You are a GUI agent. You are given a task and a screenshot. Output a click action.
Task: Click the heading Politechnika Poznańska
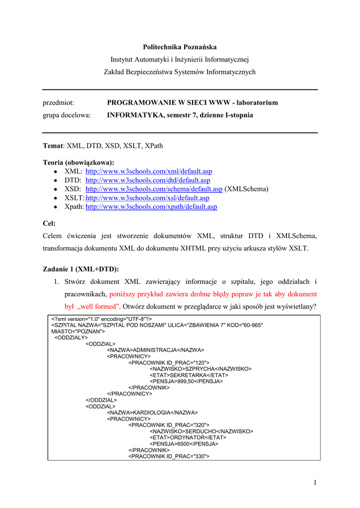180,47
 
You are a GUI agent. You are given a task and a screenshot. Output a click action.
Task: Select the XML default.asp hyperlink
148,171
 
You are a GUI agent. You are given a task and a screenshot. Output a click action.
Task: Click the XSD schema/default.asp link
154,189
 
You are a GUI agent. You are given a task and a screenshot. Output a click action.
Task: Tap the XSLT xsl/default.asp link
147,198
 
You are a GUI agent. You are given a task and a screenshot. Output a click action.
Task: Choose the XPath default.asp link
151,207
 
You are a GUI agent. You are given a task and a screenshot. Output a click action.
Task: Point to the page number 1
315,483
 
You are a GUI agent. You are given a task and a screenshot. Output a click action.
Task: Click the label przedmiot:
58,103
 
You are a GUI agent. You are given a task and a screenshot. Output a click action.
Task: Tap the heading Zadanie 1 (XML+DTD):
81,269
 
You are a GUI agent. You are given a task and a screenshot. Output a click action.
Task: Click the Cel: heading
49,224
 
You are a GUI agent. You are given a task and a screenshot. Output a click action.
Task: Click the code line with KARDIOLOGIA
152,412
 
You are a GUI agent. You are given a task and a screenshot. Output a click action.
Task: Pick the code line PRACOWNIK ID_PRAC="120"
169,363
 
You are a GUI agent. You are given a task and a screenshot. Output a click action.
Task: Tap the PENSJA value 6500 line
184,444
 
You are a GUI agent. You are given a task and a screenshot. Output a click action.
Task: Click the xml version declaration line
102,318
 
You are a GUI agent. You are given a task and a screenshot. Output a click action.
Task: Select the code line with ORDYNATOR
188,438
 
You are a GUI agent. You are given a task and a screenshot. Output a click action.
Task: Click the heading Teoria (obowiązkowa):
78,162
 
